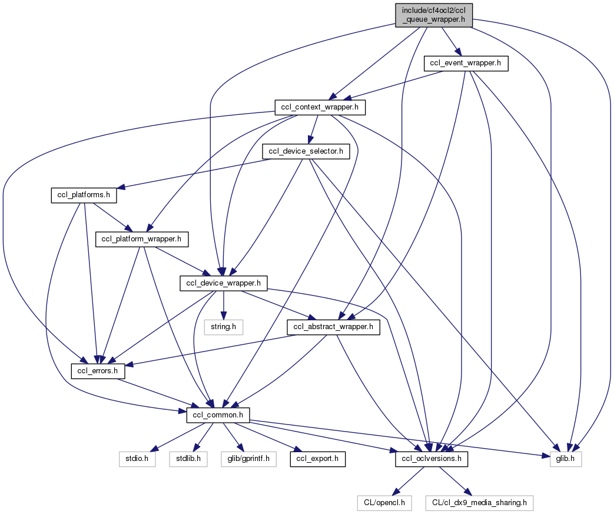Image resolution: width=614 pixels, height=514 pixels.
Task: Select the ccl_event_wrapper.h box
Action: click(x=466, y=64)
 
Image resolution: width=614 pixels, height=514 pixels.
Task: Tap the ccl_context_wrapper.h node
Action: click(x=320, y=107)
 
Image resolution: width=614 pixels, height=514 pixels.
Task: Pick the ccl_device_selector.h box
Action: click(x=306, y=151)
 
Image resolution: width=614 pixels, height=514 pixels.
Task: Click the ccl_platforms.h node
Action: click(x=83, y=195)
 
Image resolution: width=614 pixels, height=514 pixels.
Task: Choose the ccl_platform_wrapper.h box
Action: click(x=141, y=239)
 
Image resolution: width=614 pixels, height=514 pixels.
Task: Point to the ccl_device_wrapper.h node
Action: click(x=224, y=283)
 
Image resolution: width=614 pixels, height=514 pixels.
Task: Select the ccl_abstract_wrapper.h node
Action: click(x=333, y=327)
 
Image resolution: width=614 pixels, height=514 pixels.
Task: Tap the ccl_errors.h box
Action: click(x=95, y=371)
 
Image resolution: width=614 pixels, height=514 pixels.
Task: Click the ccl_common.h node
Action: click(x=218, y=415)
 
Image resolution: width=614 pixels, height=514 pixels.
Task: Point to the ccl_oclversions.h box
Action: click(x=431, y=459)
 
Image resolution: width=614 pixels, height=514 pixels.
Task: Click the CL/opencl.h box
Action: click(x=384, y=503)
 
